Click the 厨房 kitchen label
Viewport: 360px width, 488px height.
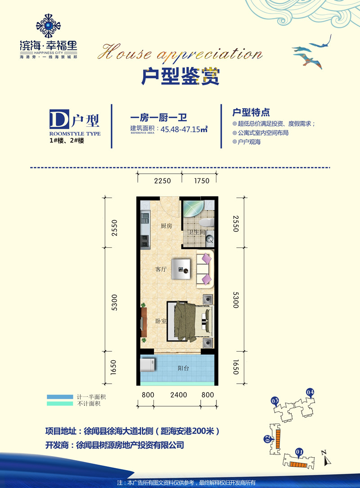(x=166, y=226)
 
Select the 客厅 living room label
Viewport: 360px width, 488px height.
(x=161, y=269)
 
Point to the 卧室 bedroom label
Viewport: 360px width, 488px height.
(x=161, y=321)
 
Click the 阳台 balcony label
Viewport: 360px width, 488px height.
(x=183, y=368)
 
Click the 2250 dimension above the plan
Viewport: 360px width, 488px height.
(x=162, y=181)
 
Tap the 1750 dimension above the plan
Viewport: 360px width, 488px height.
(x=201, y=181)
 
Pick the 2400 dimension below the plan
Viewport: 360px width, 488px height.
(x=179, y=395)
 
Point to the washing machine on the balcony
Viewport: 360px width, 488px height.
(x=148, y=364)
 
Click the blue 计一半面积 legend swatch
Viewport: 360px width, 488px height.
(x=60, y=397)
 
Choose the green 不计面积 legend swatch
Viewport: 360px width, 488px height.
(x=60, y=403)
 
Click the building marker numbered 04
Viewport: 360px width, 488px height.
(x=310, y=393)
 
